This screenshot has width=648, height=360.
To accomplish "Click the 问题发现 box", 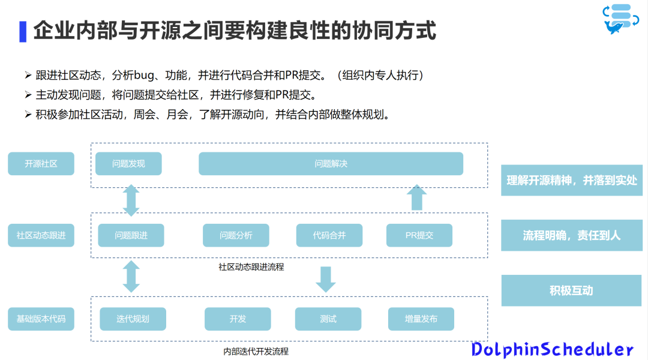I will click(x=128, y=164).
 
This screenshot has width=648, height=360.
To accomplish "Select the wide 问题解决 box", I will click(x=331, y=164).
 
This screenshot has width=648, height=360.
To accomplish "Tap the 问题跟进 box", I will click(x=131, y=236).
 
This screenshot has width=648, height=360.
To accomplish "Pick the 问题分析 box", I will click(x=236, y=236).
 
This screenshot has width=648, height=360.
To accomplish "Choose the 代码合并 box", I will click(x=329, y=236).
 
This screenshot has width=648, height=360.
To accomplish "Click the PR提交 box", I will click(x=419, y=236).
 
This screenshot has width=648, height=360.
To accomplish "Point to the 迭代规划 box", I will click(x=133, y=319).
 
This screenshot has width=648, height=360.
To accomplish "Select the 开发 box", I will click(x=238, y=319).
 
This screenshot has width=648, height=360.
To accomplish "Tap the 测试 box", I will click(x=328, y=319).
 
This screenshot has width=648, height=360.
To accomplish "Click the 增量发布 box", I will click(x=421, y=319).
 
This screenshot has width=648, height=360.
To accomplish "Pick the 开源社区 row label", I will click(x=41, y=164).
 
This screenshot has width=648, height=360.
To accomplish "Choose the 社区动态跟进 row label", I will click(x=41, y=236).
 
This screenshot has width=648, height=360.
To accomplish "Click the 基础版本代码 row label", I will click(x=41, y=319).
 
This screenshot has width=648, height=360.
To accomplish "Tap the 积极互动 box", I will click(x=571, y=290).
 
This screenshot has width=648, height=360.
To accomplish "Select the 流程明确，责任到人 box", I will click(x=571, y=235).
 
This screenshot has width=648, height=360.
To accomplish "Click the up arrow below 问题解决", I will click(x=416, y=197).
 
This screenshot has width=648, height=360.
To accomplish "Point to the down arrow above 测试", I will click(x=326, y=279).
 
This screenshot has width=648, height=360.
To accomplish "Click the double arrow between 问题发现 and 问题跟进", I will click(x=131, y=200).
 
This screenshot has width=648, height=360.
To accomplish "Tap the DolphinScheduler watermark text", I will click(x=552, y=349).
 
